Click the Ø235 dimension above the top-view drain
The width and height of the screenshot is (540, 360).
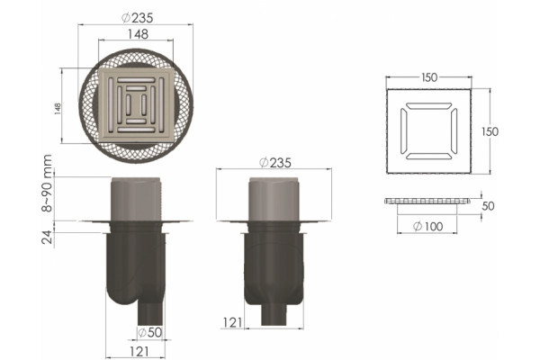(138, 18)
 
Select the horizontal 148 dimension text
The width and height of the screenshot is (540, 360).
(138, 34)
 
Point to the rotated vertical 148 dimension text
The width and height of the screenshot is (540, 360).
(58, 109)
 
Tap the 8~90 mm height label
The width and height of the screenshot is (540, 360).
(47, 183)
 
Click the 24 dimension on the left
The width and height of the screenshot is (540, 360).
(47, 237)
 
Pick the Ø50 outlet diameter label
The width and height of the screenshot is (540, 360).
(149, 332)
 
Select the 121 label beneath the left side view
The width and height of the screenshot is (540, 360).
(139, 352)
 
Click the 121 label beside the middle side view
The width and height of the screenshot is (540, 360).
(232, 323)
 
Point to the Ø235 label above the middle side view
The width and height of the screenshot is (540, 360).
(275, 163)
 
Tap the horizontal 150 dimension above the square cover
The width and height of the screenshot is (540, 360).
(429, 77)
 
